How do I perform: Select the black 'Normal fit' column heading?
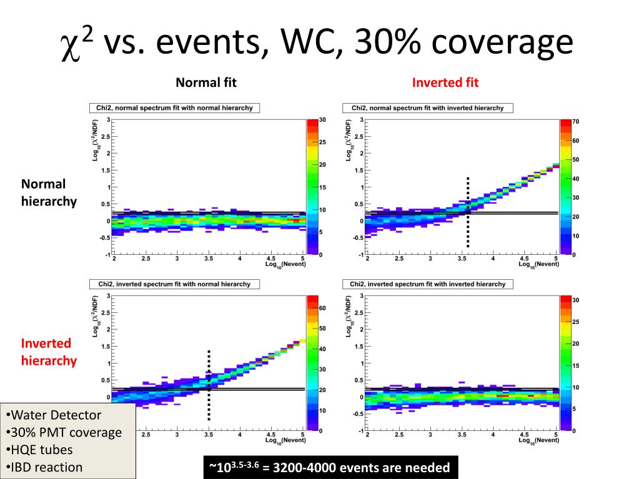pyautogui.click(x=206, y=82)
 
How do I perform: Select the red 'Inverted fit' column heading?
pyautogui.click(x=445, y=82)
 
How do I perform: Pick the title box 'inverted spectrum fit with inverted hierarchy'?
pyautogui.click(x=428, y=284)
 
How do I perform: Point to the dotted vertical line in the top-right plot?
pyautogui.click(x=467, y=212)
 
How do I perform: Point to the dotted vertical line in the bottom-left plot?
pyautogui.click(x=209, y=385)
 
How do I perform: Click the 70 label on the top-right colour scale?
pyautogui.click(x=576, y=121)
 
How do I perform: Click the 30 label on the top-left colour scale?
pyautogui.click(x=322, y=119)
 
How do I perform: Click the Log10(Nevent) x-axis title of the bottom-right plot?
pyautogui.click(x=538, y=440)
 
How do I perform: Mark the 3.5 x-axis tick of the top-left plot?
pyautogui.click(x=209, y=258)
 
